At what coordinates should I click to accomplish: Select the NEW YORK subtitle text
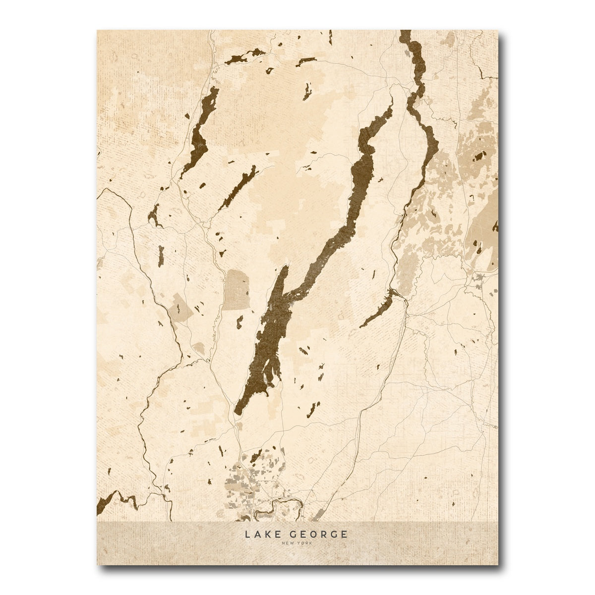click(297, 544)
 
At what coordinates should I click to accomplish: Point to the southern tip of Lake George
click(238, 411)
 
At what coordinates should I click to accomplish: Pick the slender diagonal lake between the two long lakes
click(238, 188)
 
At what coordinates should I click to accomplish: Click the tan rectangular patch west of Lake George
click(237, 290)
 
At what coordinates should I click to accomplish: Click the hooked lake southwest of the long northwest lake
click(154, 216)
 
